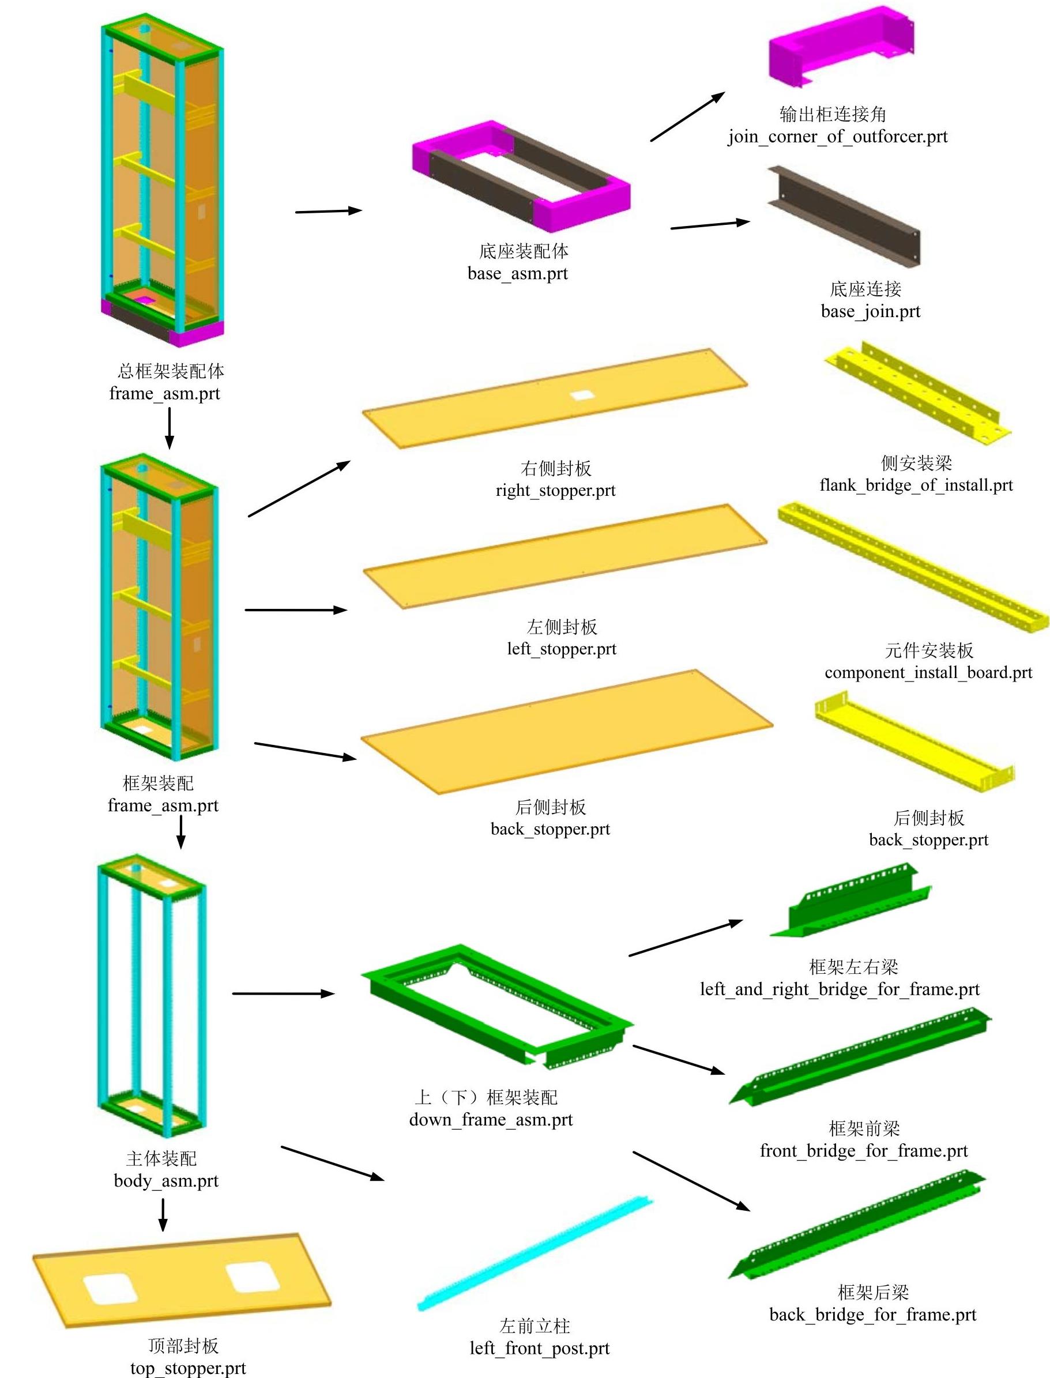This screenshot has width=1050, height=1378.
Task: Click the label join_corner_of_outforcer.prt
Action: click(x=837, y=137)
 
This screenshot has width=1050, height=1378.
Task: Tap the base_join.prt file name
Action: click(x=870, y=311)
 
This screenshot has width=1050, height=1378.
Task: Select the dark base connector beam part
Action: click(x=844, y=216)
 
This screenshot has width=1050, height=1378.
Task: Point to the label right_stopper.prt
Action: click(x=555, y=491)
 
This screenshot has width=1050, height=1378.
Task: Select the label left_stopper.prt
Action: click(x=561, y=649)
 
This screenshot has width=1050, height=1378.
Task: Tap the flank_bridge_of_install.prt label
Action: click(x=916, y=485)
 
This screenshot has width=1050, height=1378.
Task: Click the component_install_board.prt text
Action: click(x=928, y=672)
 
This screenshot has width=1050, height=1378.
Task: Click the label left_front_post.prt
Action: click(x=539, y=1349)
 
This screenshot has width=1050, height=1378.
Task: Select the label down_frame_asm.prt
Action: click(x=491, y=1119)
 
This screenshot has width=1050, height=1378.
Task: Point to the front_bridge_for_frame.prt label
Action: click(x=863, y=1150)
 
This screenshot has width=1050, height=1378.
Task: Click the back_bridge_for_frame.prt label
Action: click(x=872, y=1315)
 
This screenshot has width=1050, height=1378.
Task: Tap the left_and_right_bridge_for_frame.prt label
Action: click(x=840, y=989)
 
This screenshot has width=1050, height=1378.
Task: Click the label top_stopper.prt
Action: click(x=187, y=1369)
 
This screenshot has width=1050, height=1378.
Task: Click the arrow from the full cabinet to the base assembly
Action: click(x=328, y=211)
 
